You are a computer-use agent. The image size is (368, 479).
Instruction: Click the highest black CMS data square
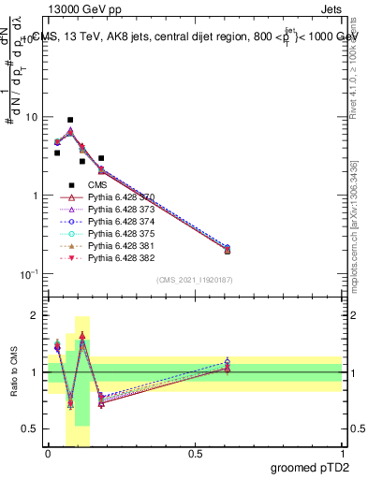tap(70, 120)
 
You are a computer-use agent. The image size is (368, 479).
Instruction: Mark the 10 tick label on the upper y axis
tap(33, 118)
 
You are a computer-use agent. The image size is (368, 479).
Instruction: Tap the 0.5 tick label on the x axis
tap(195, 454)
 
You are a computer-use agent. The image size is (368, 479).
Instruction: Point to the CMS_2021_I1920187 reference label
tap(194, 280)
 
